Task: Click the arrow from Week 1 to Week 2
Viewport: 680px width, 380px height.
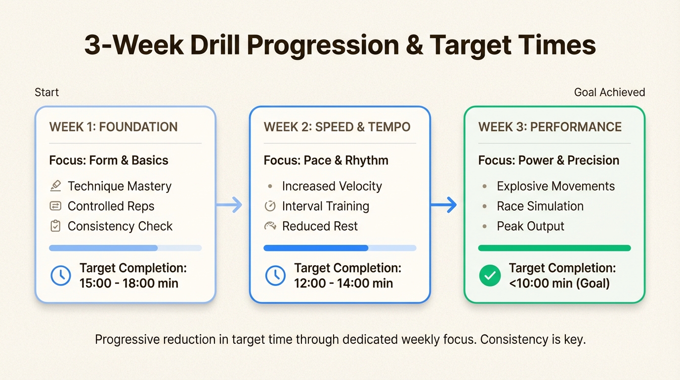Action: (230, 205)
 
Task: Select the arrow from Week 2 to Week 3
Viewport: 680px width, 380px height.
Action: (444, 205)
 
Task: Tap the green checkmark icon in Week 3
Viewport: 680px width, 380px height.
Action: (489, 276)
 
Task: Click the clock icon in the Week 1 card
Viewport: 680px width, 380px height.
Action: (61, 276)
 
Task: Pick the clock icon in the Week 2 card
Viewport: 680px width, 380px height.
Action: (275, 276)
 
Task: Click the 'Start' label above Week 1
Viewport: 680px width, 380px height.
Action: (47, 93)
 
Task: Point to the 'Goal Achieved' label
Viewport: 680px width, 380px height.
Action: (609, 93)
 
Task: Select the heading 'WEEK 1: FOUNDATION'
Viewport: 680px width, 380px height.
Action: (113, 127)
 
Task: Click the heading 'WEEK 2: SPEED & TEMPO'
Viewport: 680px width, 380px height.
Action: (337, 127)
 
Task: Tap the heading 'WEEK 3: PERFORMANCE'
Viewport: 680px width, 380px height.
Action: (550, 127)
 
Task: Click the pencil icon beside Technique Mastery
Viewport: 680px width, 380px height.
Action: (56, 186)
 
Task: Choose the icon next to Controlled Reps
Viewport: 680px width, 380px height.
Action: (56, 206)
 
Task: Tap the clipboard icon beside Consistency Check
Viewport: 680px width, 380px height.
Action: (56, 226)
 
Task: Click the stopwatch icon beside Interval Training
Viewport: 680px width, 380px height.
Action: (270, 206)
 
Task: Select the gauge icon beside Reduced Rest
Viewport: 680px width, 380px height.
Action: (270, 226)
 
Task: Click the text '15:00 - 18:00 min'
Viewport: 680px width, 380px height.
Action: (128, 284)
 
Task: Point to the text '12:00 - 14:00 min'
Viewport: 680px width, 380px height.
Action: (343, 284)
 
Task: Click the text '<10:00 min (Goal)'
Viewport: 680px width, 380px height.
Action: (559, 284)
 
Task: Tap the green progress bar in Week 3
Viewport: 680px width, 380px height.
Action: (554, 248)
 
